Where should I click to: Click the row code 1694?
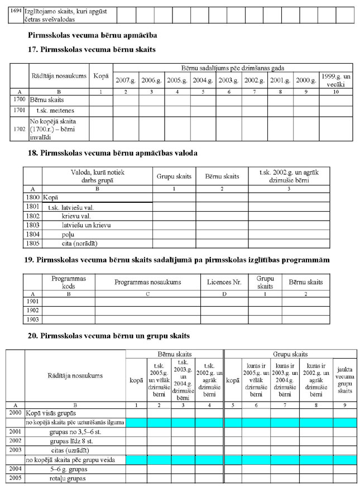pos(16,11)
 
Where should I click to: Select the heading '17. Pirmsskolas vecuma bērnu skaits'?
pos(92,50)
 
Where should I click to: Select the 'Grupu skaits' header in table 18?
pos(174,177)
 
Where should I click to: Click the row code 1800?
pos(33,197)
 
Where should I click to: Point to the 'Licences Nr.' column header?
pos(224,283)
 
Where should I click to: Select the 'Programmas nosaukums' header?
pos(148,283)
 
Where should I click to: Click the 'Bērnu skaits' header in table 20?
pos(174,354)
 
